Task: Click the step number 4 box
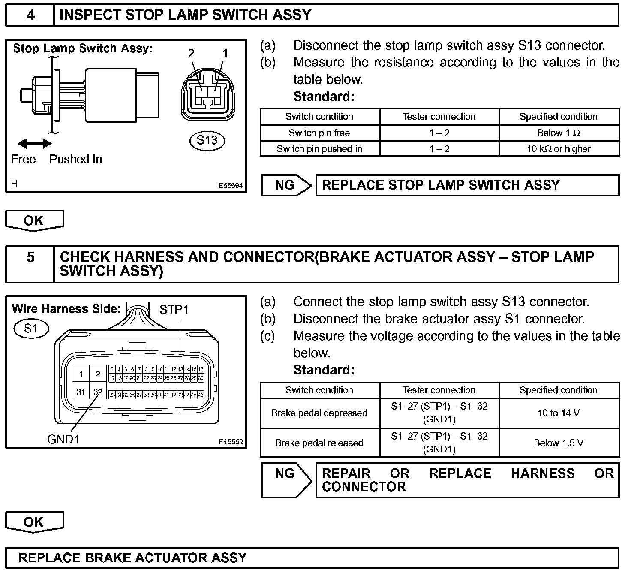coord(30,15)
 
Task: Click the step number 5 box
coord(30,264)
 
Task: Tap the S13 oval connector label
coord(207,140)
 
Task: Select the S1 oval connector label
coord(31,329)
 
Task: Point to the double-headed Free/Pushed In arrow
coord(34,144)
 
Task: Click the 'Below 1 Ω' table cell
coord(559,133)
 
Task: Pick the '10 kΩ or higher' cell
coord(559,149)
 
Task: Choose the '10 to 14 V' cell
coord(559,413)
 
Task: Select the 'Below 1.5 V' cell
coord(559,443)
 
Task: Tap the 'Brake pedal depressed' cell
coord(319,413)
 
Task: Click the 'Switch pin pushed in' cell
coord(319,149)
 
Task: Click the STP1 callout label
coord(174,309)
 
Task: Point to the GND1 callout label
coord(63,439)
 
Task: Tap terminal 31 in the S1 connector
coord(81,392)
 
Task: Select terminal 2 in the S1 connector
coord(98,374)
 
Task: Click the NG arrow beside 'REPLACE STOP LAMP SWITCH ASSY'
coord(285,185)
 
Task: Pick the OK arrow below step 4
coord(34,220)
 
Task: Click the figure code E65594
coord(231,186)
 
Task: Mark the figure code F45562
coord(231,442)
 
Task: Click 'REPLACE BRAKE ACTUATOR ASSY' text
coord(133,558)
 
